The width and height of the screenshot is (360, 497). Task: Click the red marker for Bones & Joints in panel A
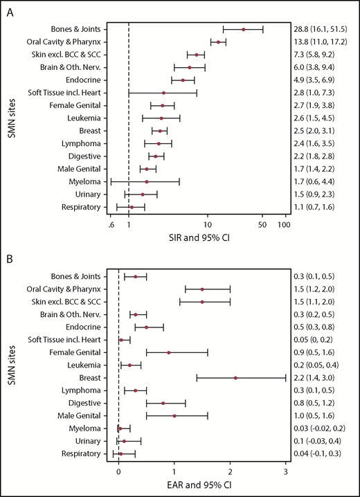coord(244,29)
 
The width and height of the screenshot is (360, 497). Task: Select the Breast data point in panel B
coord(236,378)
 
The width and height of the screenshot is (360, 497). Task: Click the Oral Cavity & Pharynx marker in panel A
coord(219,42)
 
